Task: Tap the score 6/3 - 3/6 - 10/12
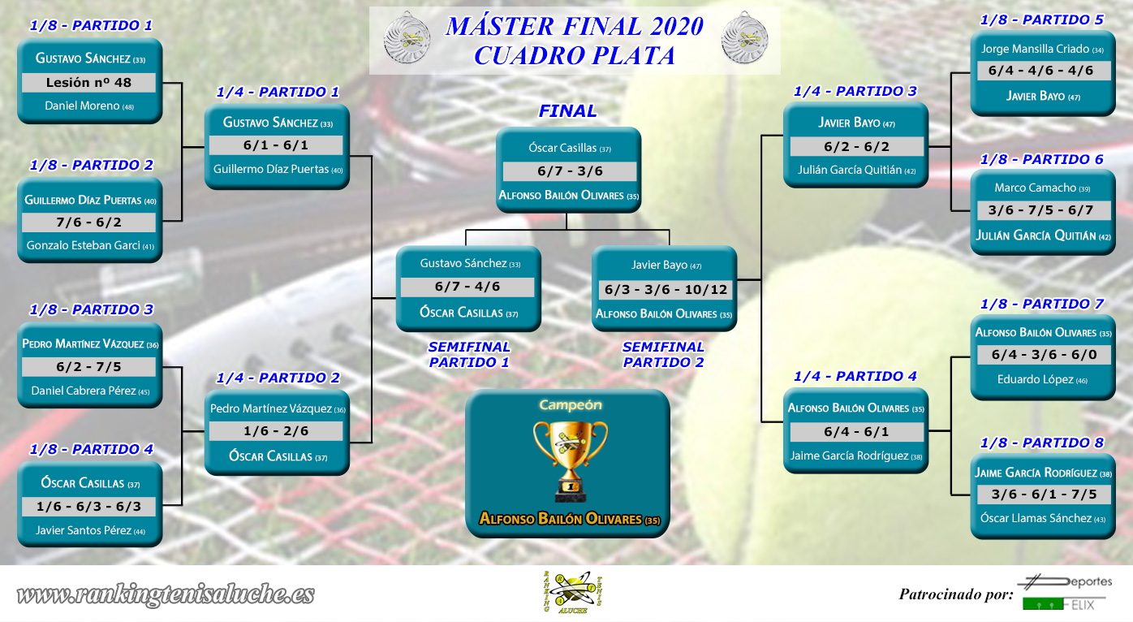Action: (666, 290)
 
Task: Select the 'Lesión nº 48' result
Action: (88, 83)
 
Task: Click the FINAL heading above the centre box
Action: (567, 110)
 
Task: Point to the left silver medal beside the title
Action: (407, 38)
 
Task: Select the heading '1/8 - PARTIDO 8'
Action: (1041, 443)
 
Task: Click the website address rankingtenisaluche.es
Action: (166, 594)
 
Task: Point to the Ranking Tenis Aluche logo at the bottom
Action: (572, 592)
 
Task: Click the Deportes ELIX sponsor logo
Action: (1066, 592)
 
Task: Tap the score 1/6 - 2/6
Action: (276, 431)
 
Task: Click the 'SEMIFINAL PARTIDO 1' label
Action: (469, 355)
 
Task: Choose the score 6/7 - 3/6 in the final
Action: (570, 171)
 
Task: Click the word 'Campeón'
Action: (571, 405)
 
